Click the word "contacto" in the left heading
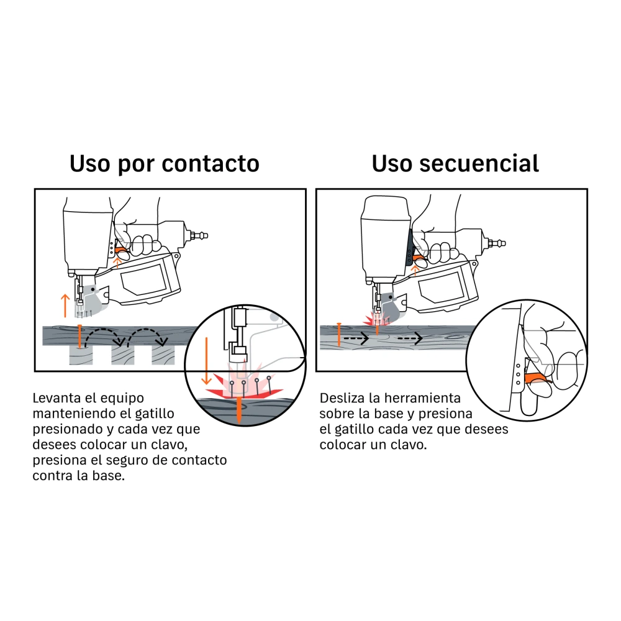click(211, 163)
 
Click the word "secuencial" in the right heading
click(479, 163)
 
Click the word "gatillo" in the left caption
click(155, 414)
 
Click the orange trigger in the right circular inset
click(537, 378)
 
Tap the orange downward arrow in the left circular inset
click(206, 361)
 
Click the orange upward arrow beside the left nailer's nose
click(65, 306)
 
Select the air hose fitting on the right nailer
click(496, 242)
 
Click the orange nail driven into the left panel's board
click(80, 337)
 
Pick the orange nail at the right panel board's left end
click(339, 335)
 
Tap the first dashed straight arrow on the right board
click(356, 338)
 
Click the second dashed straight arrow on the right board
click(410, 338)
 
